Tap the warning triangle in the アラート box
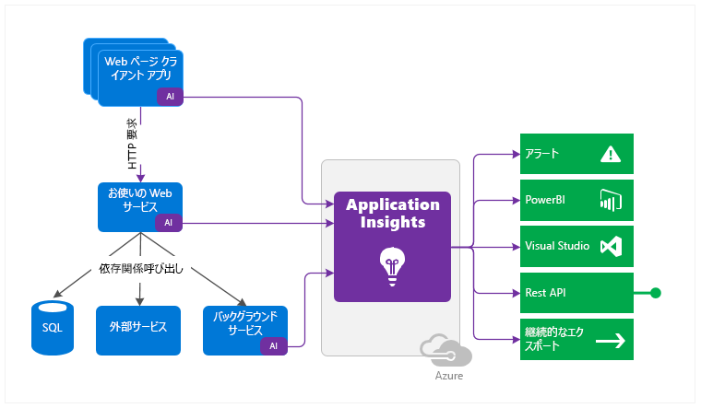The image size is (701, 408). [611, 154]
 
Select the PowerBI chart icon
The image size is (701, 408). [611, 200]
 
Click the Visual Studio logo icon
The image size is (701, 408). [611, 247]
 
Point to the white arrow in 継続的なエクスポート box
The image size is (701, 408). [611, 341]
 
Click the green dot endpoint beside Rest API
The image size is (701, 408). [656, 294]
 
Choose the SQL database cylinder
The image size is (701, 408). [52, 327]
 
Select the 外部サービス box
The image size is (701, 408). [138, 327]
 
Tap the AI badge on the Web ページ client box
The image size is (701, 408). [171, 96]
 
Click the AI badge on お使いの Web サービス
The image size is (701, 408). [168, 222]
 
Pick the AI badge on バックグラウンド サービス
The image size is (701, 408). [274, 345]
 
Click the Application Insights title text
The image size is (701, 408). [392, 214]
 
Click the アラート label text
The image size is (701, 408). [542, 154]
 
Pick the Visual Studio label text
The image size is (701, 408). [557, 247]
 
